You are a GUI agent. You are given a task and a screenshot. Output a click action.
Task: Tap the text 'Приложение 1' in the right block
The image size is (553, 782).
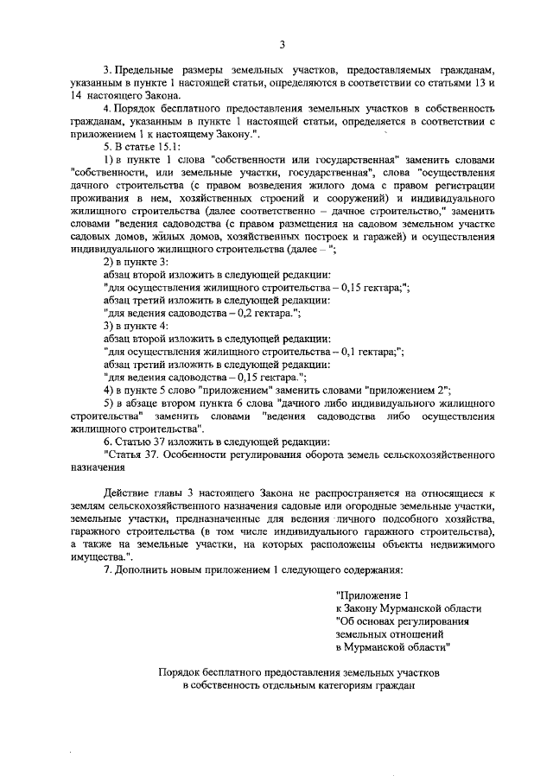point(372,595)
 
